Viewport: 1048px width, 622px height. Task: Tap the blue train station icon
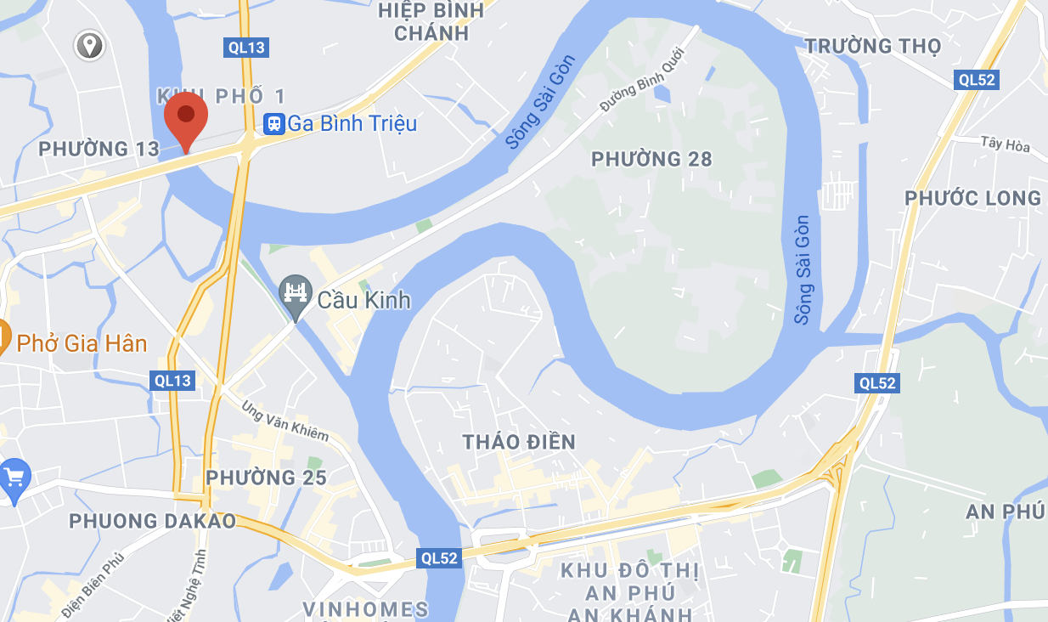click(273, 124)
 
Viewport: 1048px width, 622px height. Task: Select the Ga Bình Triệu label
click(352, 124)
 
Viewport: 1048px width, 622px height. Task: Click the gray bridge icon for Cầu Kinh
click(296, 294)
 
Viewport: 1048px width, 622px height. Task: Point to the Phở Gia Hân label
click(82, 344)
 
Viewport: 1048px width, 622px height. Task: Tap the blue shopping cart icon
click(14, 478)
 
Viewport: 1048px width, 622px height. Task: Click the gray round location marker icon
click(89, 45)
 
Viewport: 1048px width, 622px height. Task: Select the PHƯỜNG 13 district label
click(99, 150)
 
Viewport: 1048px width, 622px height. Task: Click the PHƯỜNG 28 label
click(651, 159)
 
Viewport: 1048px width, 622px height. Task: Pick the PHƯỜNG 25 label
click(266, 478)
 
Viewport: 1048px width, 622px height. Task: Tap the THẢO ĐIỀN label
click(519, 442)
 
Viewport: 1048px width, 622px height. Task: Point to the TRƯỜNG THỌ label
click(873, 46)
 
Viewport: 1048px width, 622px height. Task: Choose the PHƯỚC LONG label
click(972, 199)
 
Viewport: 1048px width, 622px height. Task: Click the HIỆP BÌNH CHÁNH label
click(431, 21)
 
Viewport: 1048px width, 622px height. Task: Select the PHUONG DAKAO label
click(152, 521)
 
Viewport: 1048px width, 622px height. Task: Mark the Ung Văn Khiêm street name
click(285, 421)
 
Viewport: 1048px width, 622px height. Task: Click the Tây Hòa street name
click(1005, 145)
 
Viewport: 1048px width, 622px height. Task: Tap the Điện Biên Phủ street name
click(93, 585)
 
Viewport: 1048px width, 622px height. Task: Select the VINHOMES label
click(366, 609)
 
